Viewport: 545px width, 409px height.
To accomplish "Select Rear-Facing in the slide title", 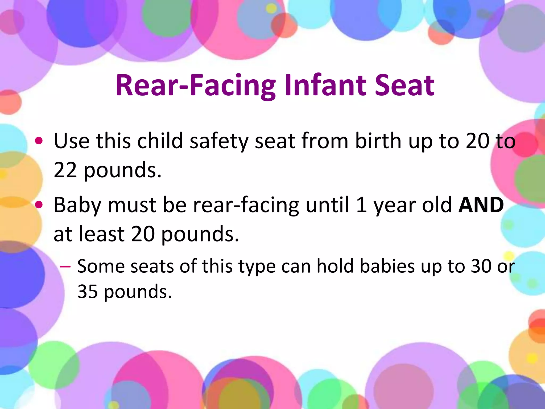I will [196, 86].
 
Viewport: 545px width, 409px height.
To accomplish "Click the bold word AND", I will [481, 205].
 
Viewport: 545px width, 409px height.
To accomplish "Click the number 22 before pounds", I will [65, 170].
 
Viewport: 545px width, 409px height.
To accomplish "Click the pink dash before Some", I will [65, 267].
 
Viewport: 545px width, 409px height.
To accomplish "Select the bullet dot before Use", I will [39, 141].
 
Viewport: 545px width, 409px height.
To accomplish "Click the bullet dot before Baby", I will [39, 205].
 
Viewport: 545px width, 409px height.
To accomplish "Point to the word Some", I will [101, 266].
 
